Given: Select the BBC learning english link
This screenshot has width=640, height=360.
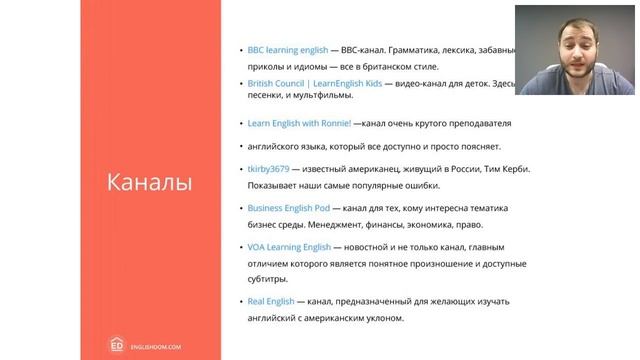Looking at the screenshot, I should pos(286,49).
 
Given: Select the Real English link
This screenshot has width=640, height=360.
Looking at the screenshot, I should pos(271,301).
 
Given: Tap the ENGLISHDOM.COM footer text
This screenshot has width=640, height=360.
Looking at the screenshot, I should pos(161,342).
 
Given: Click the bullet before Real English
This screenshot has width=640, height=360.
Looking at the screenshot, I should pos(240,301).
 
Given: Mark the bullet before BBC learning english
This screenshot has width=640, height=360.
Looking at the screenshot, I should pos(240,49).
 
